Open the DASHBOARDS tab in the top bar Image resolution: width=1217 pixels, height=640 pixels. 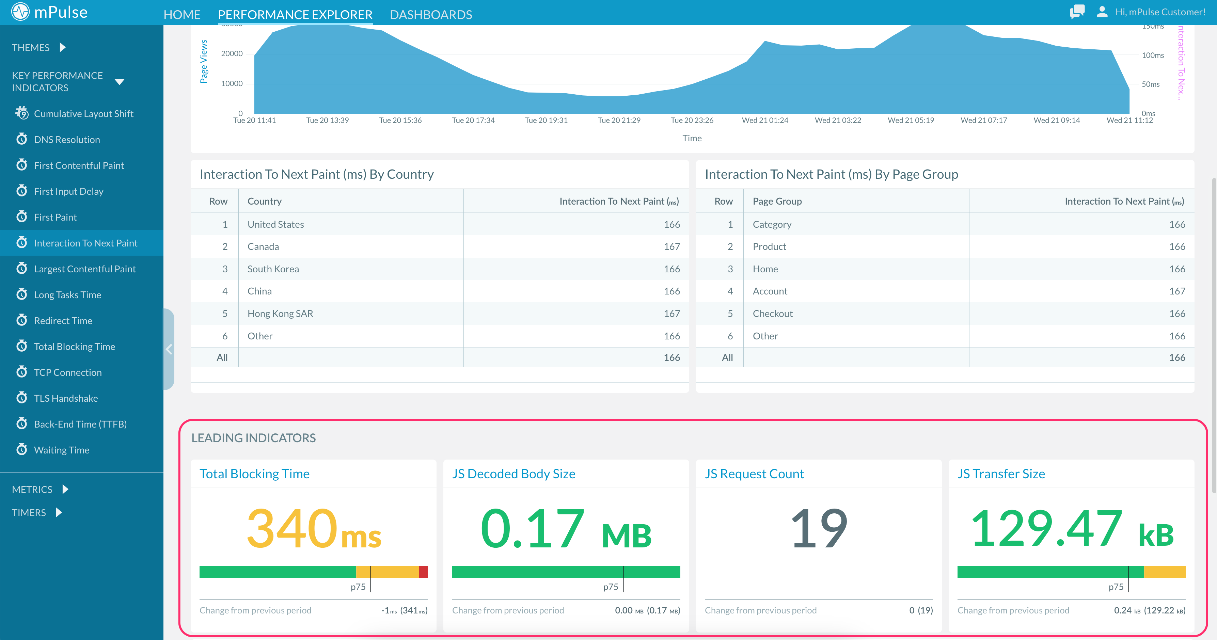[430, 15]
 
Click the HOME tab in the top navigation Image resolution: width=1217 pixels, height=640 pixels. [182, 15]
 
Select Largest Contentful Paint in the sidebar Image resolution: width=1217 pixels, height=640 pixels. [84, 269]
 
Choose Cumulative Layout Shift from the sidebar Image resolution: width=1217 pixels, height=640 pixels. [84, 113]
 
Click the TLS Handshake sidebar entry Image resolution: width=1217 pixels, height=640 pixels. [66, 398]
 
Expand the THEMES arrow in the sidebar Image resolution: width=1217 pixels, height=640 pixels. [62, 47]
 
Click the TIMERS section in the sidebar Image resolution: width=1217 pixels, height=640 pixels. [29, 512]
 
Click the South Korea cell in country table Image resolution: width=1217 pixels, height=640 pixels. [273, 269]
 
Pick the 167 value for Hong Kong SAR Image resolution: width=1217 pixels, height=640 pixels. [671, 314]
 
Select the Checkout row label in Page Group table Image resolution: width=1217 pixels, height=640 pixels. [772, 314]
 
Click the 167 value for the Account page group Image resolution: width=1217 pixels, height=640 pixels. [1177, 291]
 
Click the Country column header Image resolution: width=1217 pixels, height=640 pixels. [264, 201]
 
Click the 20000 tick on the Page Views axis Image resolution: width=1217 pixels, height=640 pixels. [232, 54]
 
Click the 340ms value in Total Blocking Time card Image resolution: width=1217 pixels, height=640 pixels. [314, 529]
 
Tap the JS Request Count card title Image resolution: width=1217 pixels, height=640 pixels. [754, 474]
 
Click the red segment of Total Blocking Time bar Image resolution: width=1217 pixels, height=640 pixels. [423, 572]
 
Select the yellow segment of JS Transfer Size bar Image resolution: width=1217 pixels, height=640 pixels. [1165, 572]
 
